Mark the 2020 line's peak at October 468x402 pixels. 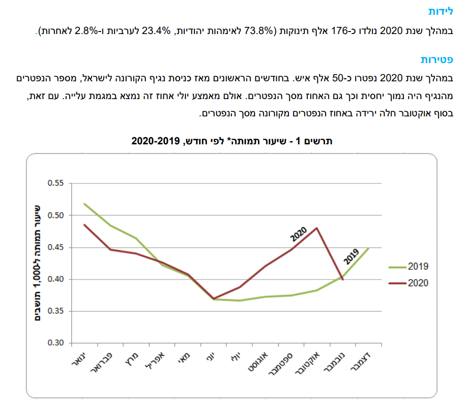317,228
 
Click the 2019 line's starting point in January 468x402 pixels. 84,204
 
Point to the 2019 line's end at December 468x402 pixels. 369,248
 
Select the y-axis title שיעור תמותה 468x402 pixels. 37,263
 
